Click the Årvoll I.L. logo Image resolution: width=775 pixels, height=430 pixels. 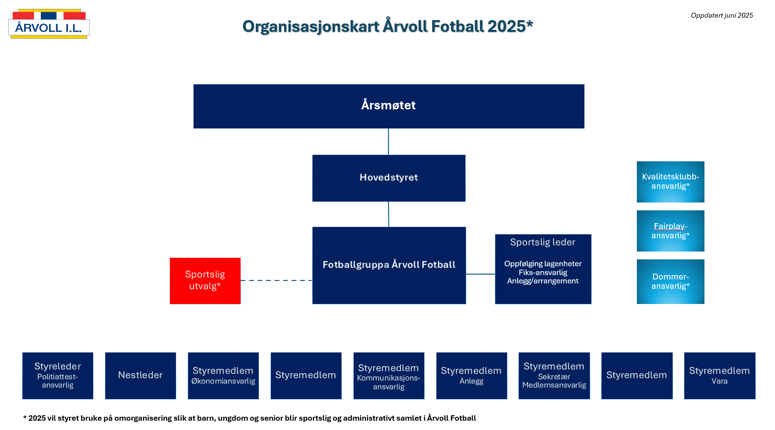[x=49, y=24]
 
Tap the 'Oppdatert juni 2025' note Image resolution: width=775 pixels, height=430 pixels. [x=722, y=15]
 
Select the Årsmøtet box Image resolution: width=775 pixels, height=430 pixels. [x=388, y=106]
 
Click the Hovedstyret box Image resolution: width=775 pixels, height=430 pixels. [x=388, y=178]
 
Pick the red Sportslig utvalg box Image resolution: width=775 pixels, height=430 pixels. [x=205, y=281]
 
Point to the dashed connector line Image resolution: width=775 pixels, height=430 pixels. [x=276, y=280]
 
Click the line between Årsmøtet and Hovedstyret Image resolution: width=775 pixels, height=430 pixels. [x=388, y=142]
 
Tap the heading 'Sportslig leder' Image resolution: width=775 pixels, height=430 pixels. [x=542, y=242]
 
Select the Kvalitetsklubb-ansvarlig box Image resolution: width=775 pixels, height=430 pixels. [x=670, y=182]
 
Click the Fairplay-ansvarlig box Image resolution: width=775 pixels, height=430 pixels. [x=670, y=231]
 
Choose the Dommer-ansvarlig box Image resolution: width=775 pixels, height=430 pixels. [x=670, y=281]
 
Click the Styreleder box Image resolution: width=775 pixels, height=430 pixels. [x=58, y=376]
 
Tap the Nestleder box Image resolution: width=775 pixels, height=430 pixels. [x=141, y=376]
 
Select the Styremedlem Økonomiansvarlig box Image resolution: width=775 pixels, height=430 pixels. [x=223, y=376]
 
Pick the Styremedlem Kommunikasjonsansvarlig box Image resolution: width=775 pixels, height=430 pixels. [x=389, y=376]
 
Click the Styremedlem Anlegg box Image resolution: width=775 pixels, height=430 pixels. [x=472, y=376]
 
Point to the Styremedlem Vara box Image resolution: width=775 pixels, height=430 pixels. [x=720, y=376]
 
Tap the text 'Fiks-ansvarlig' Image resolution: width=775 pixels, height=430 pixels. [x=543, y=273]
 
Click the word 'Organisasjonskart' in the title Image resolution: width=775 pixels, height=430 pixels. [x=311, y=26]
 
